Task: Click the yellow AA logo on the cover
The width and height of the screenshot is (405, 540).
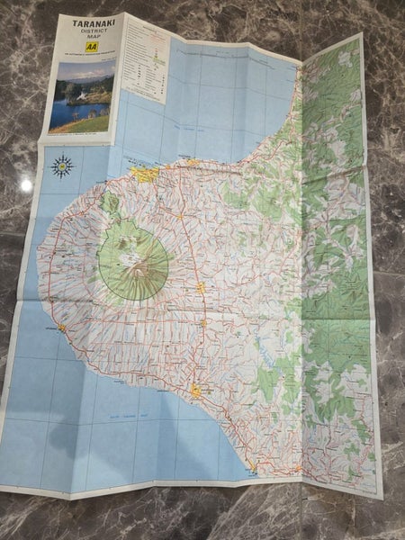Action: tap(90, 53)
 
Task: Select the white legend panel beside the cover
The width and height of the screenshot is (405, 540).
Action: tap(145, 58)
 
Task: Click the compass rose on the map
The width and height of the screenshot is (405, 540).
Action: tap(62, 166)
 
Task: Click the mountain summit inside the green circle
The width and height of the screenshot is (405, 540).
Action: tap(135, 256)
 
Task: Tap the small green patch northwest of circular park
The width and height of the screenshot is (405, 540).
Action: tap(110, 202)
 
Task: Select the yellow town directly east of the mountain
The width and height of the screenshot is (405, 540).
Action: tap(202, 289)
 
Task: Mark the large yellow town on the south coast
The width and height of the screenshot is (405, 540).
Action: tap(195, 391)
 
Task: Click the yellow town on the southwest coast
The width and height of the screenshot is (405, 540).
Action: tap(61, 328)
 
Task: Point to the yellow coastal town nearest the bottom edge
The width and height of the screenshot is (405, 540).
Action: tap(253, 467)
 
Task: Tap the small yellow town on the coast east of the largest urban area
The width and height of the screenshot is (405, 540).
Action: tap(192, 163)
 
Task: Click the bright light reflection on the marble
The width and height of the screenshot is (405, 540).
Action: tap(25, 184)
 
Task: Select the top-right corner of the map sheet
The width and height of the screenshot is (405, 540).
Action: tap(359, 35)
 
